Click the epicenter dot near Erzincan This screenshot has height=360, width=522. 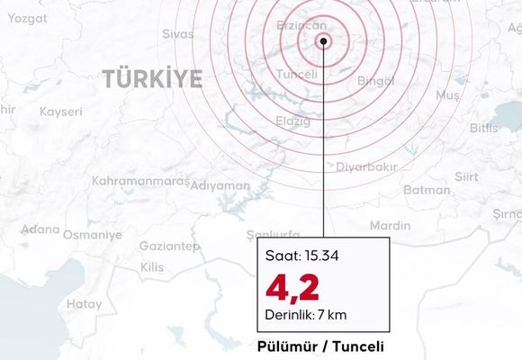coord(323,40)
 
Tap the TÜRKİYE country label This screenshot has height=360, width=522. coord(152,79)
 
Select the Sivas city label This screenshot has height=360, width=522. coord(177,34)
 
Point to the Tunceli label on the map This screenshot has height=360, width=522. coord(297,75)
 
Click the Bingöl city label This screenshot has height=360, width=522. coord(376,82)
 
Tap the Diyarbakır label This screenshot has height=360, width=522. coord(366,167)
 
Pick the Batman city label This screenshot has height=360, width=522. coord(427,190)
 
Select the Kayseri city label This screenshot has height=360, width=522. coord(61,112)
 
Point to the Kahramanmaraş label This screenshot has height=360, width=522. coord(140,182)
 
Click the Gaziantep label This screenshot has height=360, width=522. coord(170,247)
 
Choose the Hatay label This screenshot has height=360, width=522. coord(85,304)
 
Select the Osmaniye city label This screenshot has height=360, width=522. coord(92,235)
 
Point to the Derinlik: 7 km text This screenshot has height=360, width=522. coord(306,315)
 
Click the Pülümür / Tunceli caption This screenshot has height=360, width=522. coord(320,346)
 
